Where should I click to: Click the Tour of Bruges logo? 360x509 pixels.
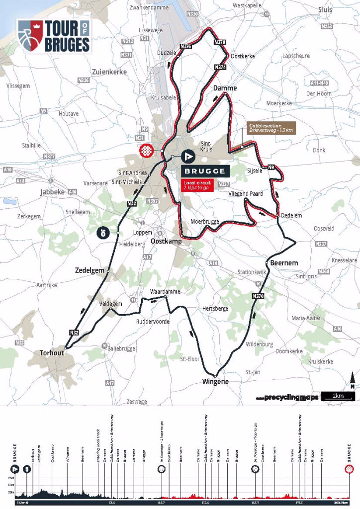[54, 36]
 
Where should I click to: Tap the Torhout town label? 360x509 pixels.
[52, 353]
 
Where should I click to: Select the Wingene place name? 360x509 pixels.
[215, 382]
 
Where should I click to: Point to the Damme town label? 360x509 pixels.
[225, 88]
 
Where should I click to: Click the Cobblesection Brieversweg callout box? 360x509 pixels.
[270, 128]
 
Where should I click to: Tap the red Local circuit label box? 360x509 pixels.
[197, 185]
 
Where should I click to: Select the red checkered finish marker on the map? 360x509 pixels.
[147, 151]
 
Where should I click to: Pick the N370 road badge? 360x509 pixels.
[258, 297]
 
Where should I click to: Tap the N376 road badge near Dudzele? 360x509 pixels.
[185, 46]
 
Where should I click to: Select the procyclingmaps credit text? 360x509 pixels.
[286, 398]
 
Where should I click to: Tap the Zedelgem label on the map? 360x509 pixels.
[90, 270]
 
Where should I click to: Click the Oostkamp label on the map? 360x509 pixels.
[165, 241]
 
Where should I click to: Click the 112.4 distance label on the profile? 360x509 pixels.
[205, 503]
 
